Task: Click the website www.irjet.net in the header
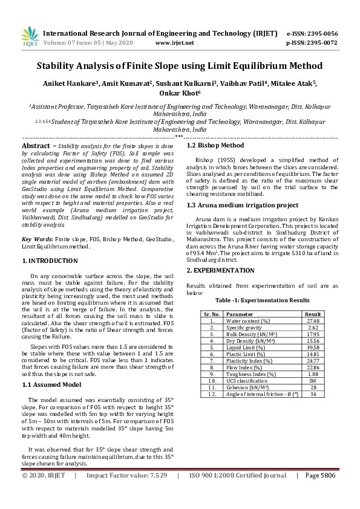tap(174, 43)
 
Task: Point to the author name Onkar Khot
tap(179, 94)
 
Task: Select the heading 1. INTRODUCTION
tap(50, 261)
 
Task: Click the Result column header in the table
tap(313, 314)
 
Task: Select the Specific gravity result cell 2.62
tap(313, 328)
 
